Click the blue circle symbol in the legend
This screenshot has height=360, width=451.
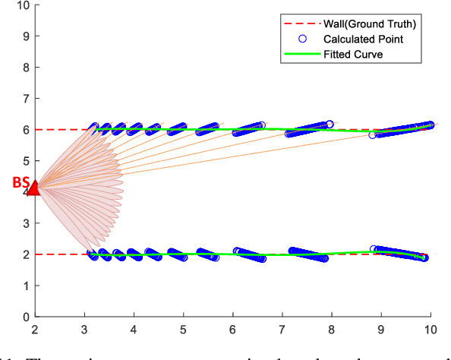[x=302, y=39]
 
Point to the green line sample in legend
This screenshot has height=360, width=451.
[x=302, y=54]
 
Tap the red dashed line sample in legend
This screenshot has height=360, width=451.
[x=302, y=24]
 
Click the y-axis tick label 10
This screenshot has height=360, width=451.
[x=23, y=5]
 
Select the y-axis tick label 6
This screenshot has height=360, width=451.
[x=26, y=130]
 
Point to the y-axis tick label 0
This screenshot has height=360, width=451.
[x=26, y=317]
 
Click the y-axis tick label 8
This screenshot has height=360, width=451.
[x=26, y=68]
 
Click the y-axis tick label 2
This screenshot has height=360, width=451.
[x=26, y=254]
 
